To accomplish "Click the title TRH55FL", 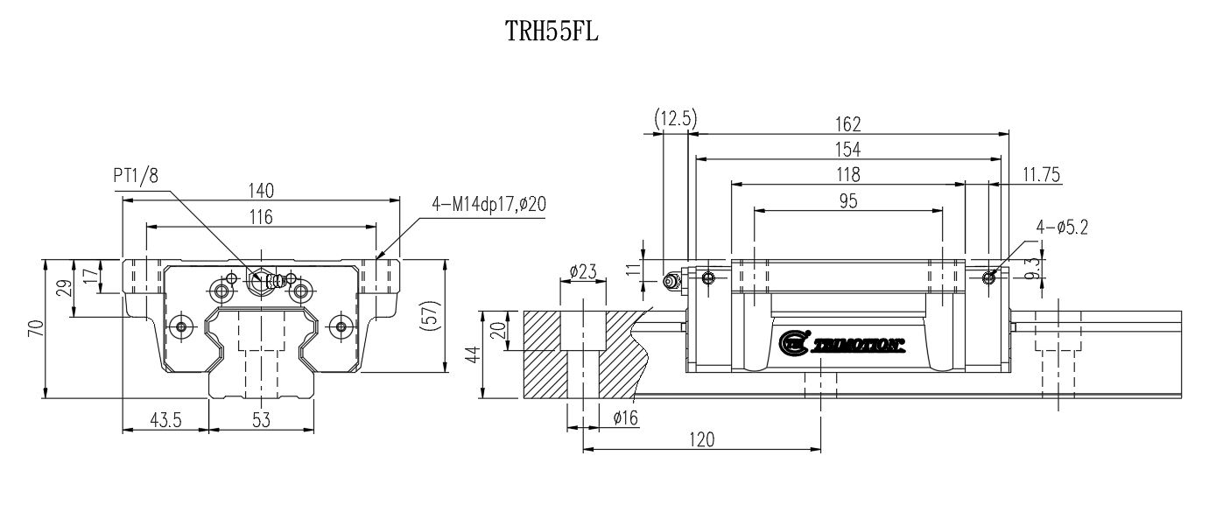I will coord(552,32).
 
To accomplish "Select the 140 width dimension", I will coord(261,190).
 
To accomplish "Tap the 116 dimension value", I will coord(261,217).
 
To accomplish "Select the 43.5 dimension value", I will coord(165,420).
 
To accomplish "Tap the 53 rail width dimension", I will coord(261,420).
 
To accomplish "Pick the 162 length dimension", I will coord(848,123).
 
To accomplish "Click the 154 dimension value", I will coord(848,150).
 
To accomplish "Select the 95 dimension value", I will coord(848,201).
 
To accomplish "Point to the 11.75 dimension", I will coord(1041,176).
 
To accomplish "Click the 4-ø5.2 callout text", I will coord(1062,228).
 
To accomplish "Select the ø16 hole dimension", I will coord(625,418).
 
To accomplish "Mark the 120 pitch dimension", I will coord(701,439).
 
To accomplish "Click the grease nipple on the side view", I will coord(672,281).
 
